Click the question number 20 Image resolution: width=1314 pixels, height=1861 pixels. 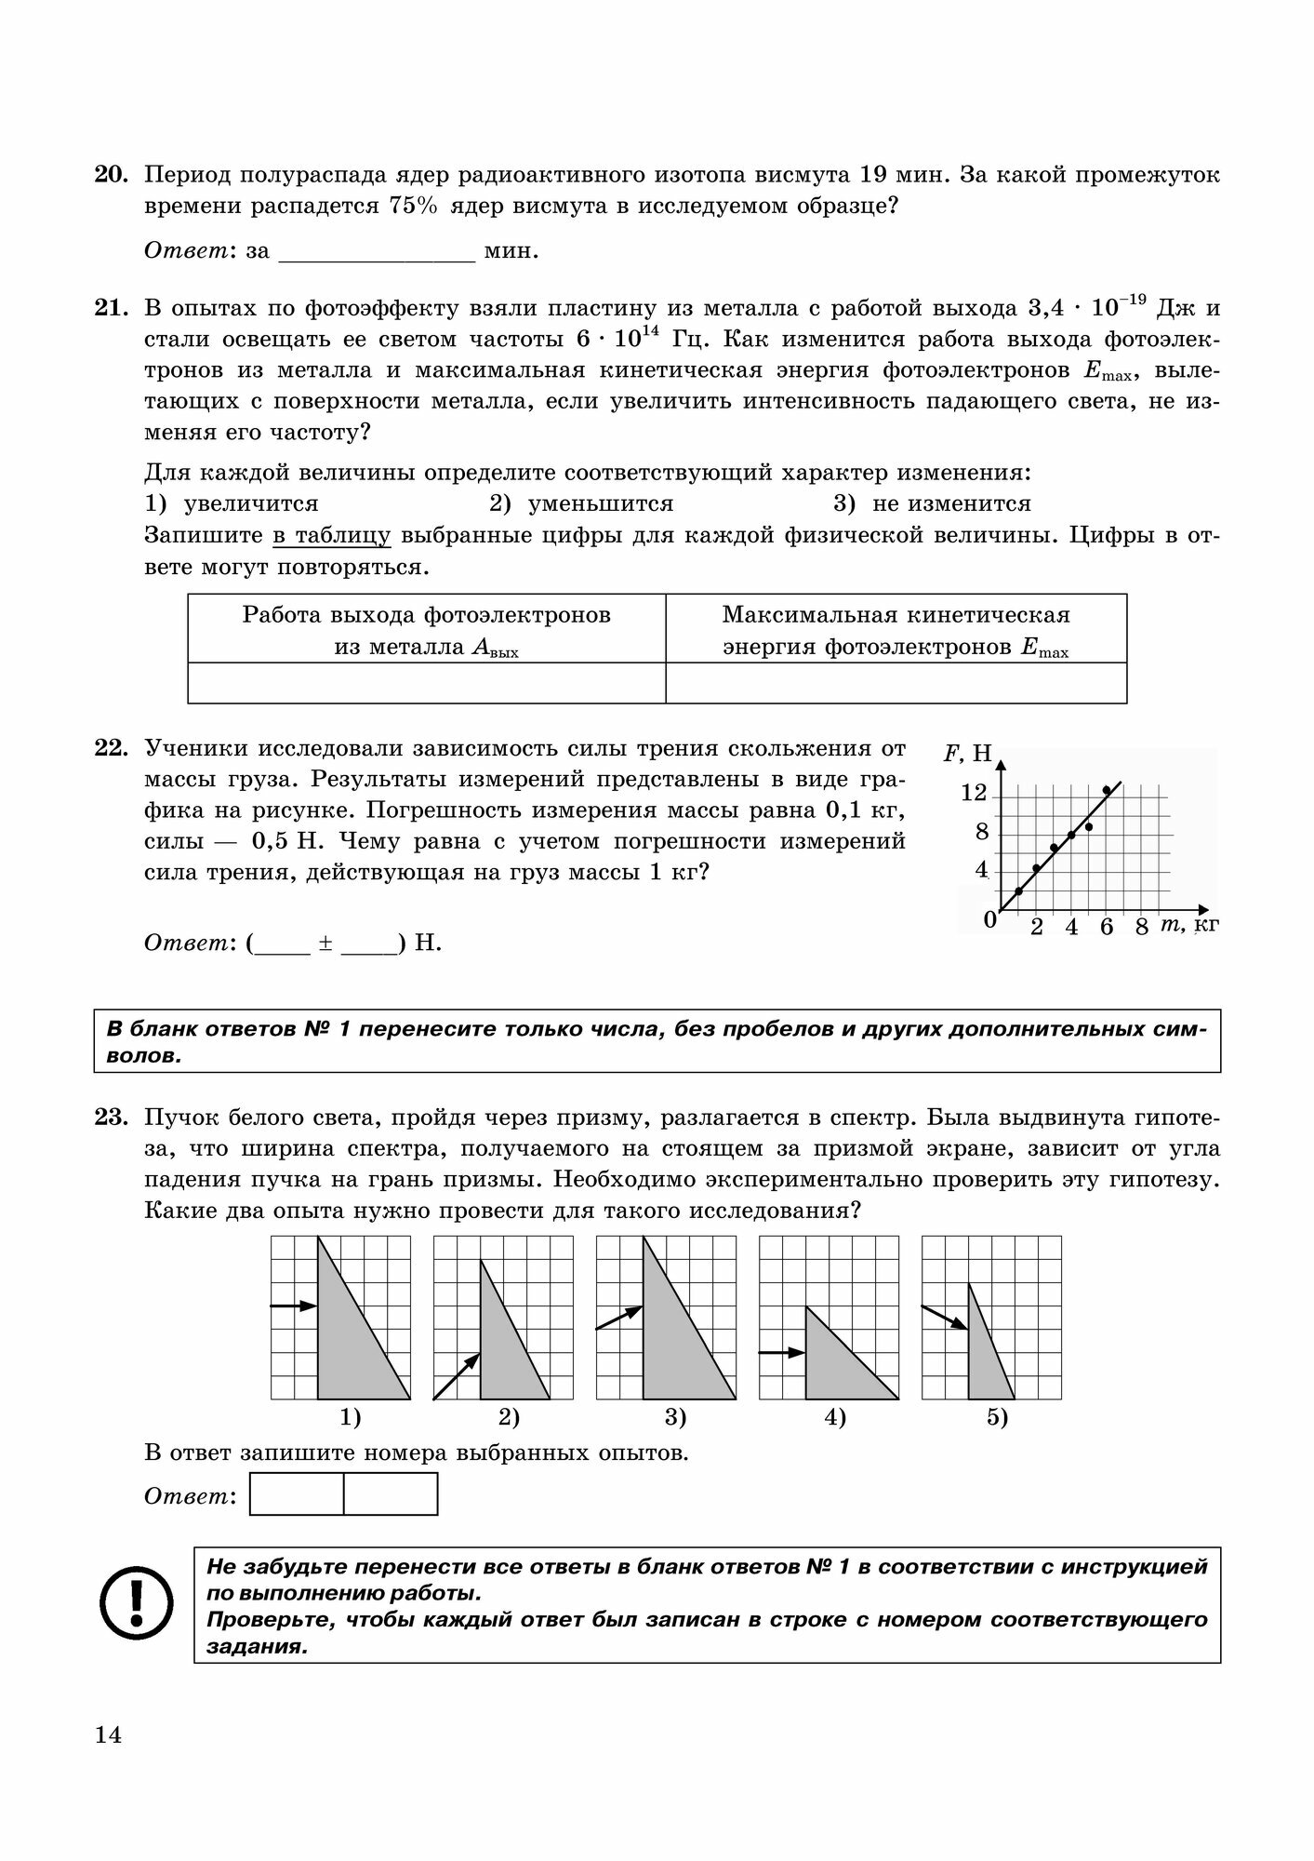111,175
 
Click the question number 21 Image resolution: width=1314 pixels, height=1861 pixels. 111,308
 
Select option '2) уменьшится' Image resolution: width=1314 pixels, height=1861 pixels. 581,504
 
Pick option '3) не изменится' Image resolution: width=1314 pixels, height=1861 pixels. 932,504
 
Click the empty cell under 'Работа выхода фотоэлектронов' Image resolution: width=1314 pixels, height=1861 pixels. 427,683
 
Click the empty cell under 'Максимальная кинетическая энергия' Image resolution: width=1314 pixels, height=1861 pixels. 896,683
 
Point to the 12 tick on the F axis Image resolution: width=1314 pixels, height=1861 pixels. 974,794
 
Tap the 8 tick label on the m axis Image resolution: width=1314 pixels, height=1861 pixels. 1142,928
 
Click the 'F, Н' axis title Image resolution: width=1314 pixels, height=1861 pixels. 968,754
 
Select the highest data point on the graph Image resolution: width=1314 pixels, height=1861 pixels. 1107,790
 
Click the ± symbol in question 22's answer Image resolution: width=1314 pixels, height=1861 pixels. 325,944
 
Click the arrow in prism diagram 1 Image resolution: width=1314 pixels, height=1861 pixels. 294,1306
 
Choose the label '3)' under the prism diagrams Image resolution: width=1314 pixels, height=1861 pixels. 675,1418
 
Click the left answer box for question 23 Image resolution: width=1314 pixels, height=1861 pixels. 297,1494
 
